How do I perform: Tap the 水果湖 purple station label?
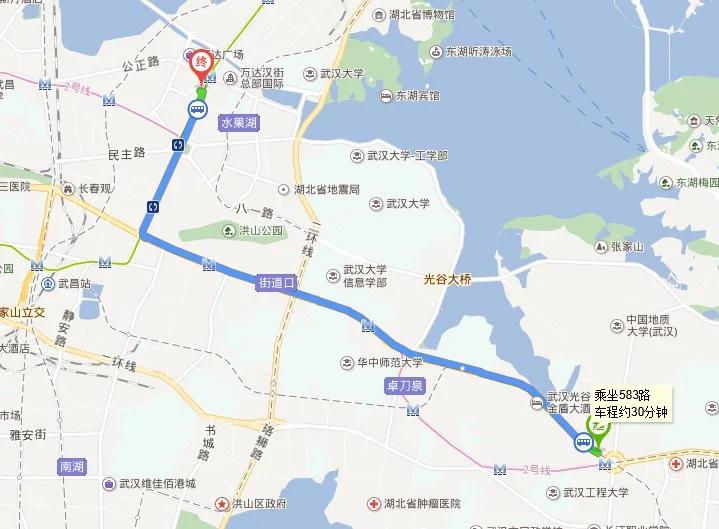[x=238, y=121]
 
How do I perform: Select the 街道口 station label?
[x=276, y=283]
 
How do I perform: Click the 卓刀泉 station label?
[x=405, y=384]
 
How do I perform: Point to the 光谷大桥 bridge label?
[x=446, y=280]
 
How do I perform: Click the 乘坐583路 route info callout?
[x=631, y=403]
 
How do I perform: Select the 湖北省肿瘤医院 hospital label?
[x=418, y=504]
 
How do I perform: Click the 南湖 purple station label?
[x=72, y=467]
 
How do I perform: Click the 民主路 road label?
[x=126, y=153]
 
